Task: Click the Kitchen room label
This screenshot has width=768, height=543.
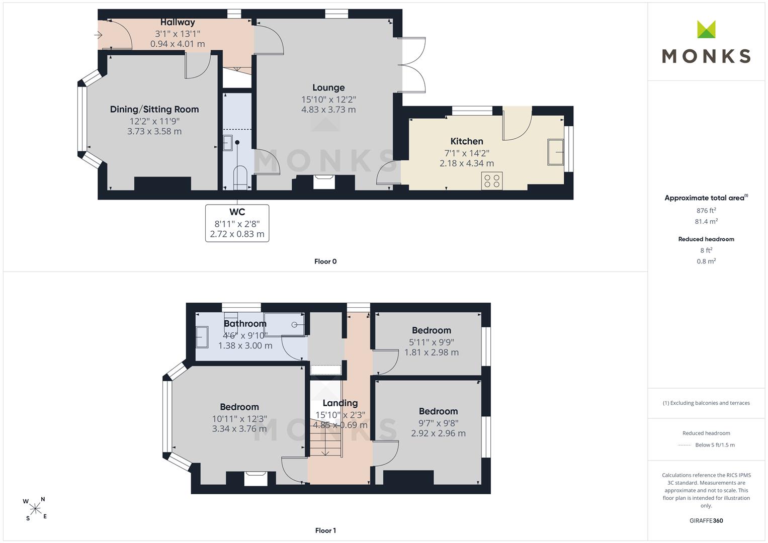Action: point(467,141)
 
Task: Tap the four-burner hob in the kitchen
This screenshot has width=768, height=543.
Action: point(492,180)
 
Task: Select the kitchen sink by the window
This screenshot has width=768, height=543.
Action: point(555,152)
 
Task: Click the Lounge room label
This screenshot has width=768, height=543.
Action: point(328,88)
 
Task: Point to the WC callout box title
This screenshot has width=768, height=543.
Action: point(237,212)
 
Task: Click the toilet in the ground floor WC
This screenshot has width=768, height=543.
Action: point(240,177)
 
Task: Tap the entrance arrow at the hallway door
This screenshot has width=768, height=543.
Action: point(99,35)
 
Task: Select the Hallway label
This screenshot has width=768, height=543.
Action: point(178,22)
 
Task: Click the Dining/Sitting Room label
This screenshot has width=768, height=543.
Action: point(154,110)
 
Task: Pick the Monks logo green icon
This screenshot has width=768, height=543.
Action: point(706,29)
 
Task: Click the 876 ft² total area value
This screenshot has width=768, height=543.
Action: point(706,211)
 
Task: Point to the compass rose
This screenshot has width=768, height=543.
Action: point(35,509)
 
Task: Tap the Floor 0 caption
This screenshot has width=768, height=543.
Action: point(325,261)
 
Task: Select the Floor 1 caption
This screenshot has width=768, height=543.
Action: point(325,530)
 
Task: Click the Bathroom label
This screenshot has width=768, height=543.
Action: point(245,324)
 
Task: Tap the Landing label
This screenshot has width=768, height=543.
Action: point(340,403)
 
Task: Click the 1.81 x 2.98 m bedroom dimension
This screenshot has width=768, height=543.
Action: point(432,352)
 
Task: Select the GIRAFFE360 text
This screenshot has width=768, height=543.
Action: point(706,521)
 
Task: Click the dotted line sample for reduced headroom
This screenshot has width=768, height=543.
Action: point(685,445)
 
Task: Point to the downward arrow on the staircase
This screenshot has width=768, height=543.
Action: point(325,444)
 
